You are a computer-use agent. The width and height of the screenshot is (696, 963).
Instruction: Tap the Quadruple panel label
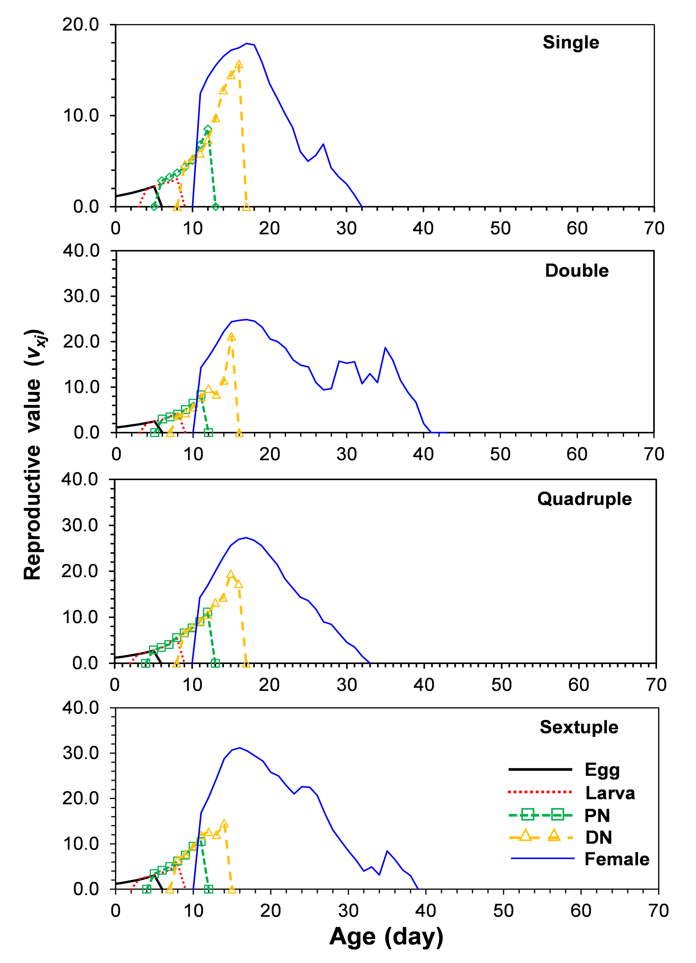tap(584, 499)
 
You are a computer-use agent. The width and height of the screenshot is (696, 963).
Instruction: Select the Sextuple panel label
tap(579, 727)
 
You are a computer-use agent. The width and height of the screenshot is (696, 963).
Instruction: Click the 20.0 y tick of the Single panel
tap(81, 25)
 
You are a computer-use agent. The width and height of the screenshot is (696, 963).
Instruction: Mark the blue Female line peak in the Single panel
tap(246, 43)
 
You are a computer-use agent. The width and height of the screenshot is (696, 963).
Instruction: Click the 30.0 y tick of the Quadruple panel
tap(80, 525)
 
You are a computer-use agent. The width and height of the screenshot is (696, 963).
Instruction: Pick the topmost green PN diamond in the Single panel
tap(208, 130)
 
